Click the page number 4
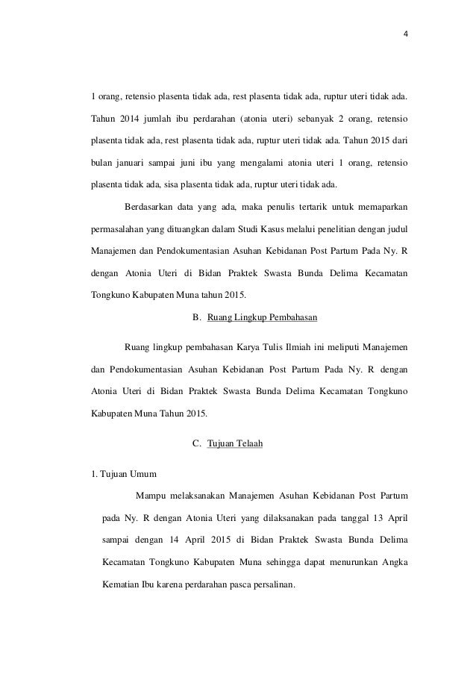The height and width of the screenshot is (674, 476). (x=395, y=34)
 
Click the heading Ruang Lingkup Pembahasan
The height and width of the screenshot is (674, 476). (x=262, y=317)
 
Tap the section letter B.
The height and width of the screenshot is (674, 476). (x=195, y=317)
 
